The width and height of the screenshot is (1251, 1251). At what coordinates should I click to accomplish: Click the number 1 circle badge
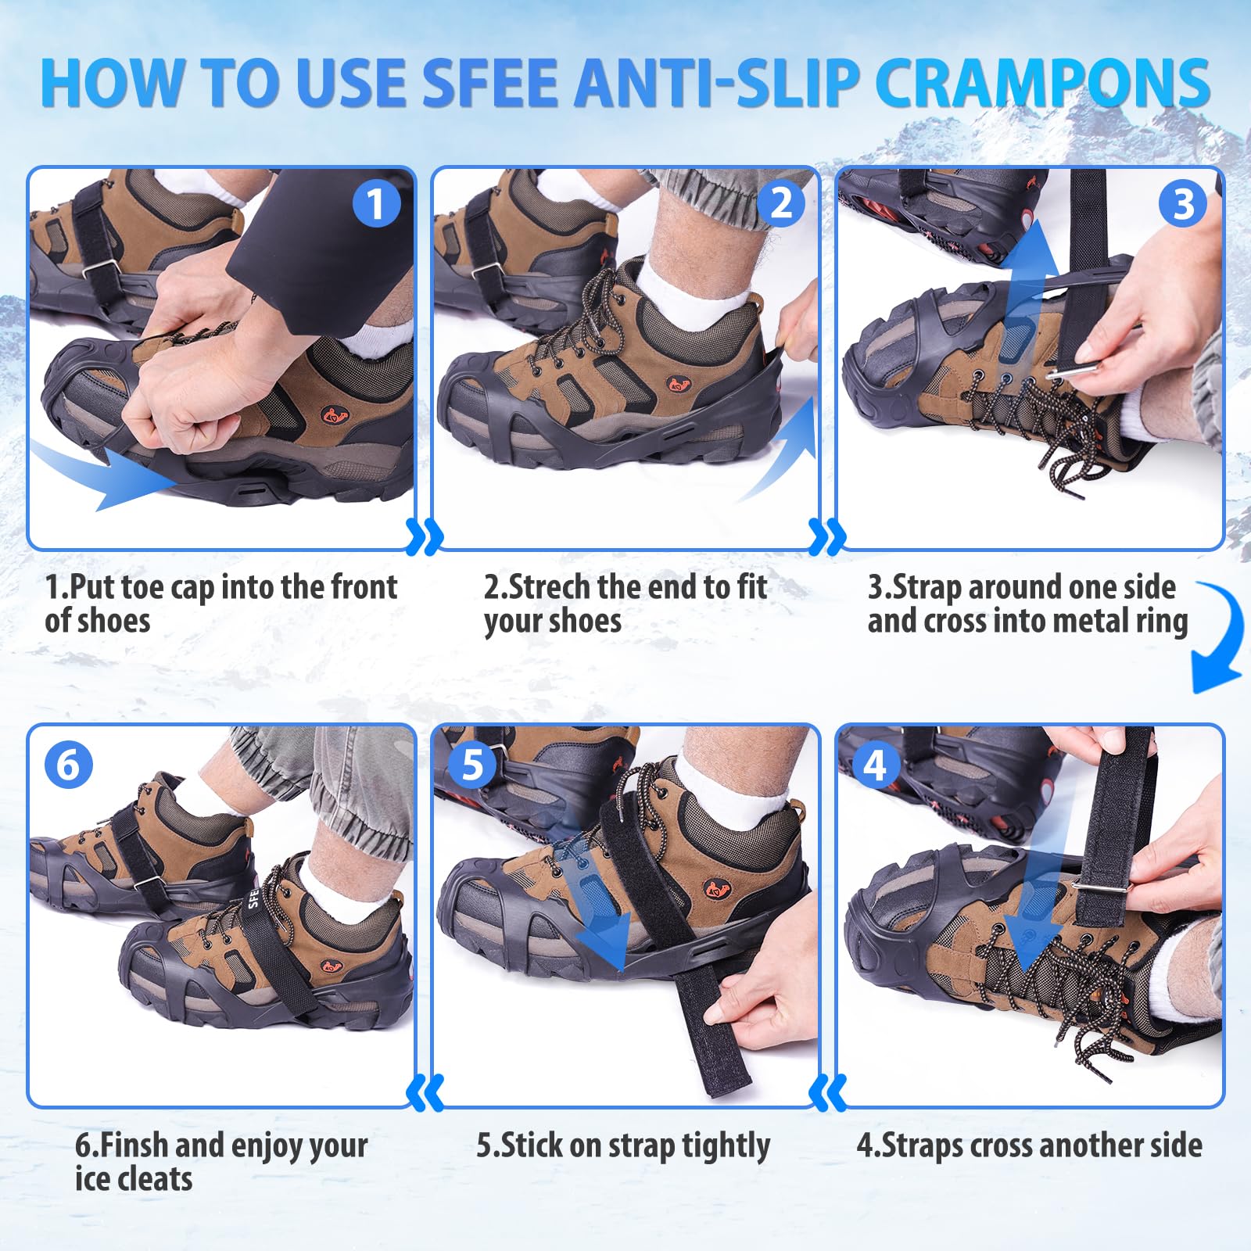coord(376,204)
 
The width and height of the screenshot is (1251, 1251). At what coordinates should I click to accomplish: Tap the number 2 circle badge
coord(781,204)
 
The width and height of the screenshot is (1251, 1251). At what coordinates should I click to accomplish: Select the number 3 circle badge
coord(1183,204)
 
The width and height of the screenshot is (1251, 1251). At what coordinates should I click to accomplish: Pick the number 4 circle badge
coord(875,764)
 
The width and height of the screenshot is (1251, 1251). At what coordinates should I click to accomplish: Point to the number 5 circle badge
coord(472,764)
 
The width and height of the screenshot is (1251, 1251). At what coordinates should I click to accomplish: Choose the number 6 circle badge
coord(68,764)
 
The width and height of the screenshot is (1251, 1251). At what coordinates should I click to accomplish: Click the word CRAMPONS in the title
coord(1042,83)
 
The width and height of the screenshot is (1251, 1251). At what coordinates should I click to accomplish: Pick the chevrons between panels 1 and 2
coord(425,536)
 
